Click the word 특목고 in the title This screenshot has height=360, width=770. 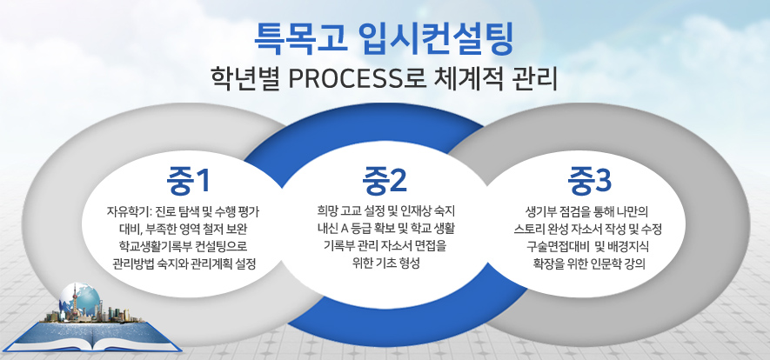point(299,37)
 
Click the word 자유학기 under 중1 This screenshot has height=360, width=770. point(123,211)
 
